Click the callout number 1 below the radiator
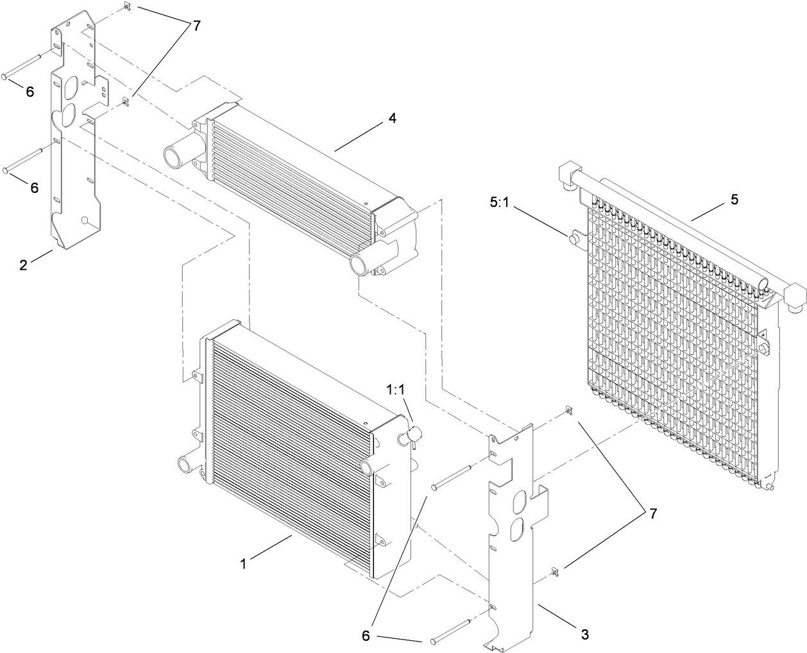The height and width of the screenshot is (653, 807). pyautogui.click(x=244, y=564)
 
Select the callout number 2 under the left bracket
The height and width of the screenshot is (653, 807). pyautogui.click(x=24, y=265)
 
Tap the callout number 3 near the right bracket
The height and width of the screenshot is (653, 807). pyautogui.click(x=584, y=634)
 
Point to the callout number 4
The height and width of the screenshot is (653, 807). pyautogui.click(x=393, y=118)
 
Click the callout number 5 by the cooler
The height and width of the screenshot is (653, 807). pyautogui.click(x=734, y=199)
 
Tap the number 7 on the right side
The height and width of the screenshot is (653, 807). pyautogui.click(x=652, y=496)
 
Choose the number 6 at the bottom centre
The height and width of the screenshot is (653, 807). pyautogui.click(x=366, y=636)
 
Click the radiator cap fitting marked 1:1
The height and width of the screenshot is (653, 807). pyautogui.click(x=409, y=437)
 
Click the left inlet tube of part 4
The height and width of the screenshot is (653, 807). pyautogui.click(x=176, y=156)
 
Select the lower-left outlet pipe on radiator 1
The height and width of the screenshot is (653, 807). pyautogui.click(x=185, y=462)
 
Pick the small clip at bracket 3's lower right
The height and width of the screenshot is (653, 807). pyautogui.click(x=554, y=570)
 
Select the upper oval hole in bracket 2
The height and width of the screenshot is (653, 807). pyautogui.click(x=72, y=85)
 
